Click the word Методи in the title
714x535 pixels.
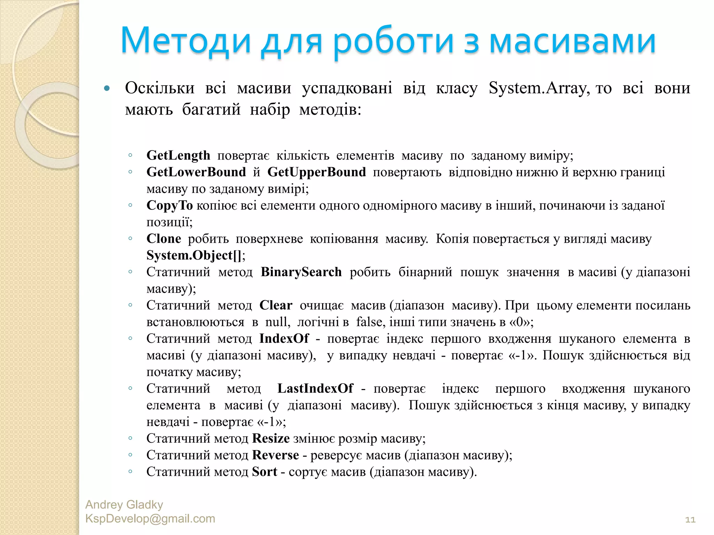(x=186, y=41)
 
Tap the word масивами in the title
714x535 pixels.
(x=572, y=41)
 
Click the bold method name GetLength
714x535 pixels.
(x=178, y=155)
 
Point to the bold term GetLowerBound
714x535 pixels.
(x=196, y=172)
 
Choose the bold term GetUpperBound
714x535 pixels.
(x=317, y=172)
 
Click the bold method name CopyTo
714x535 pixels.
(x=169, y=206)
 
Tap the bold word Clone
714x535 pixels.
(x=164, y=239)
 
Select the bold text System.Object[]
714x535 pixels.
(x=194, y=255)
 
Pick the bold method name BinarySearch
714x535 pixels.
(x=301, y=272)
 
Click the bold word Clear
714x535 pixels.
(x=276, y=305)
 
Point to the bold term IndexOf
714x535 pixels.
(x=284, y=339)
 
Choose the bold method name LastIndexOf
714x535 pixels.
(x=315, y=388)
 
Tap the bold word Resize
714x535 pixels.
(x=271, y=438)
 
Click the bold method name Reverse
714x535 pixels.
(x=275, y=455)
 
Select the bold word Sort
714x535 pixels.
(x=265, y=472)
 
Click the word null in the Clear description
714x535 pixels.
(x=277, y=322)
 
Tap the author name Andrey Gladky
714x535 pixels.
(x=124, y=505)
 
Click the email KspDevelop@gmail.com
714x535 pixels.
(x=150, y=519)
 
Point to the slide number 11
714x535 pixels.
(x=690, y=520)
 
